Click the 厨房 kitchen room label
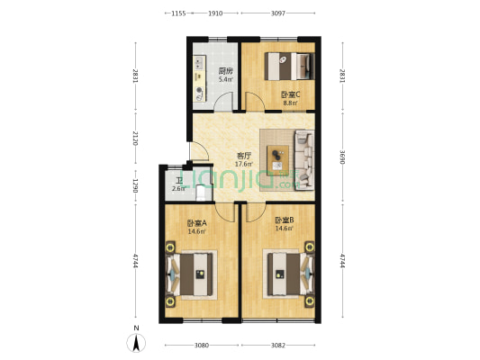tap(225, 70)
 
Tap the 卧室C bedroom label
tap(290, 94)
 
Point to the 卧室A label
tap(196, 223)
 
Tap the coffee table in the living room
tap(278, 153)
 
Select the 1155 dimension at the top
tap(177, 13)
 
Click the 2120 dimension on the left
tap(135, 138)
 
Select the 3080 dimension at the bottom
tap(202, 345)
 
